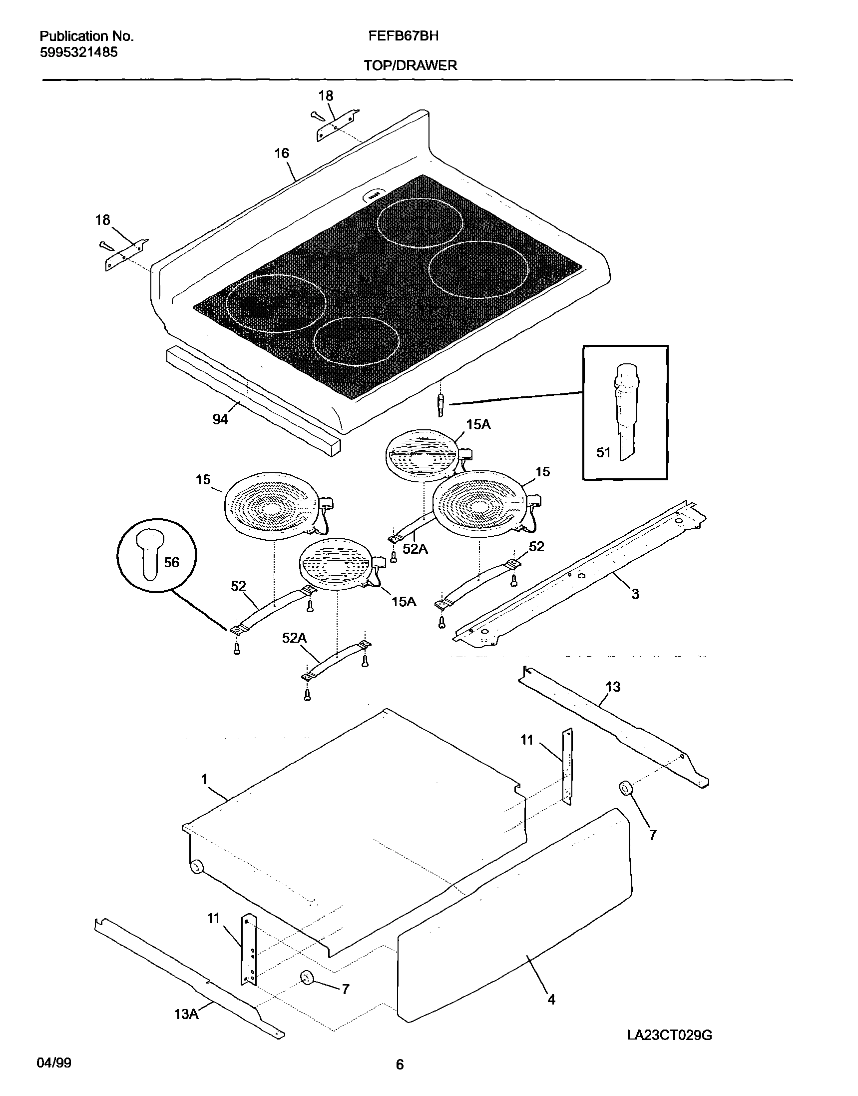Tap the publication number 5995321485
79,52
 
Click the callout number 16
282,153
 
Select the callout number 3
635,594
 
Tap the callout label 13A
186,1015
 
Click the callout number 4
551,1000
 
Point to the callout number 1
204,779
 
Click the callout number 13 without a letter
613,687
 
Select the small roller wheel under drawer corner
197,866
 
